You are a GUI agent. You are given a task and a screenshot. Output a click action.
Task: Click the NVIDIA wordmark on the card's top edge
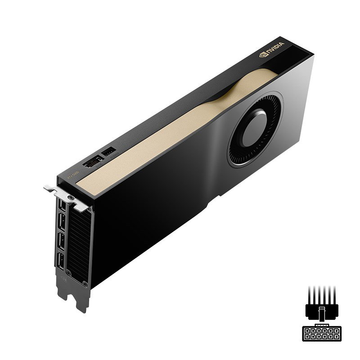275,47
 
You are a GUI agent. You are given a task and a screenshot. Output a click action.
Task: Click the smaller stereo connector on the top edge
109,153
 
